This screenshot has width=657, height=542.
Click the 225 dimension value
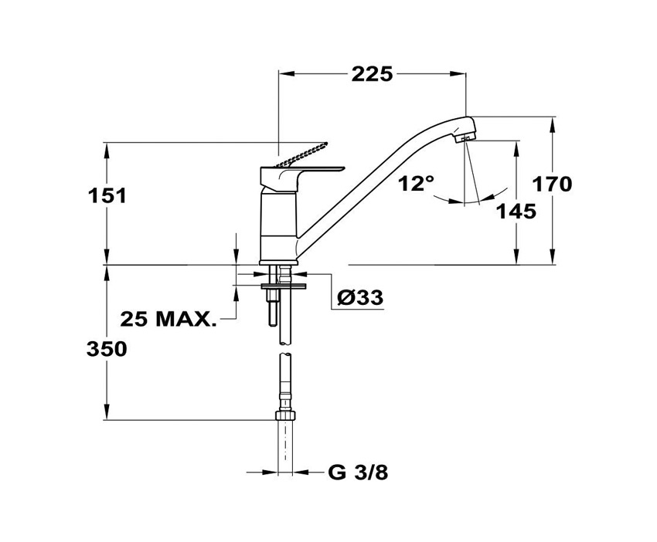[372, 74]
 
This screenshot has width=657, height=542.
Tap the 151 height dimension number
[107, 195]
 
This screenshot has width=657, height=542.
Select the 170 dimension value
[552, 185]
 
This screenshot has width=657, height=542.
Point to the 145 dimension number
[516, 212]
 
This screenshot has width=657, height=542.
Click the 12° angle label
[416, 183]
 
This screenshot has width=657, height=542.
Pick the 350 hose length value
[107, 349]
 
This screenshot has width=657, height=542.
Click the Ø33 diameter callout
[360, 297]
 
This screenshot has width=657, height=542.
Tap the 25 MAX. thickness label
[169, 320]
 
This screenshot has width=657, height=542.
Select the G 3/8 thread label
[358, 473]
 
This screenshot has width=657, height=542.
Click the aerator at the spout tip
[465, 137]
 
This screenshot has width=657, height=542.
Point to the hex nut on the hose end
[285, 415]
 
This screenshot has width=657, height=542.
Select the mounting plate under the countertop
[284, 286]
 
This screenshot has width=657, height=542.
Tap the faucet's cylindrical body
[278, 226]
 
